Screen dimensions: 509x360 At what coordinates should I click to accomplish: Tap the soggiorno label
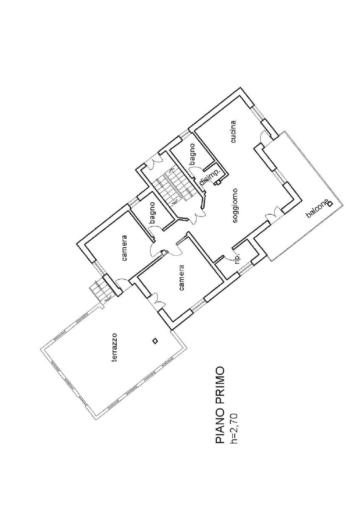coord(236,205)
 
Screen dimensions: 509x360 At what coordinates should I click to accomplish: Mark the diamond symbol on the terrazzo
coord(155,341)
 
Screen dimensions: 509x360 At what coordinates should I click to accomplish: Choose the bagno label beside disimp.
coord(192,154)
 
